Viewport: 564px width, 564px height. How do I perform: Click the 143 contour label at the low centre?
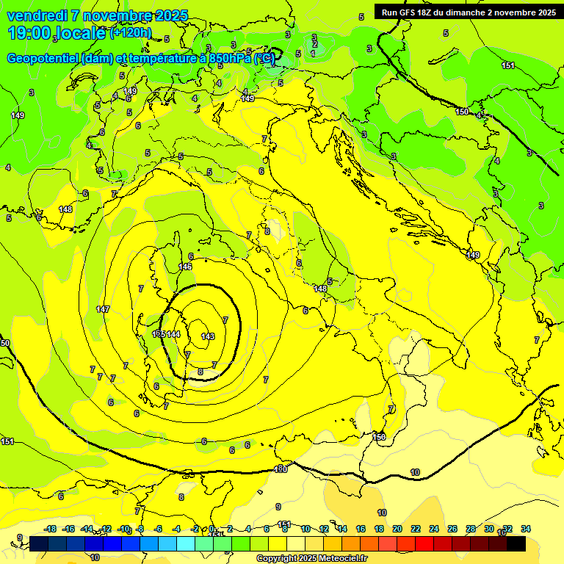208,336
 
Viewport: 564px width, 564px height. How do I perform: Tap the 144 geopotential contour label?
173,334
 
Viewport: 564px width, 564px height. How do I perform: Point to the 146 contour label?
185,267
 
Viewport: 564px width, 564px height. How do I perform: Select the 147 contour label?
103,309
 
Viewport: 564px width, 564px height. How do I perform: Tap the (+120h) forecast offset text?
131,33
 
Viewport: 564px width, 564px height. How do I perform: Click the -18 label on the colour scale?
50,529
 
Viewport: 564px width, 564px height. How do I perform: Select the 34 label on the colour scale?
526,529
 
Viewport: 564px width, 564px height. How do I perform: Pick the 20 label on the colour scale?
397,529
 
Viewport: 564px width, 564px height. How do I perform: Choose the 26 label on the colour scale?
452,529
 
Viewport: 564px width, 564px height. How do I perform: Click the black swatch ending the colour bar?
516,543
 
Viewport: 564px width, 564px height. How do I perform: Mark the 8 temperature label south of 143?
200,372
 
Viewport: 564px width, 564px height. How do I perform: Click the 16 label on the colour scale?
361,529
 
